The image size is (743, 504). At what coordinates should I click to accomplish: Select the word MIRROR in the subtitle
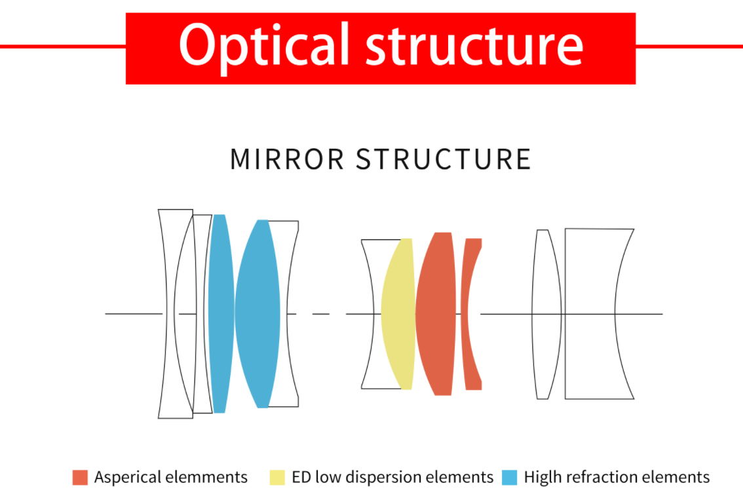point(286,160)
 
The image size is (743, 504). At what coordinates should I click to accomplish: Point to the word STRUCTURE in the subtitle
point(443,160)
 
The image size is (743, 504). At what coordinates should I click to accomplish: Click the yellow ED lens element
point(398,313)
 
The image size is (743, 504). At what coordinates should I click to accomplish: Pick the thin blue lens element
point(219,313)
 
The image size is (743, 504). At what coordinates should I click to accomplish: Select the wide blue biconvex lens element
point(257,313)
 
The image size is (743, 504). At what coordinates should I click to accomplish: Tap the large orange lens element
point(436,313)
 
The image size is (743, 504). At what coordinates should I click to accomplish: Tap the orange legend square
point(80,476)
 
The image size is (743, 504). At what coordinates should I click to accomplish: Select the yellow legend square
point(277,476)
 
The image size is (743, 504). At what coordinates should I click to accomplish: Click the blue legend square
point(509,476)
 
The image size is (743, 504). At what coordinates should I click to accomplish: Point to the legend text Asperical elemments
point(171,476)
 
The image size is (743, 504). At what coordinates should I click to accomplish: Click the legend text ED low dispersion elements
point(392,476)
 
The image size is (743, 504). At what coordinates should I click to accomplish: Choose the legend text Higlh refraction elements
point(617,476)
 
